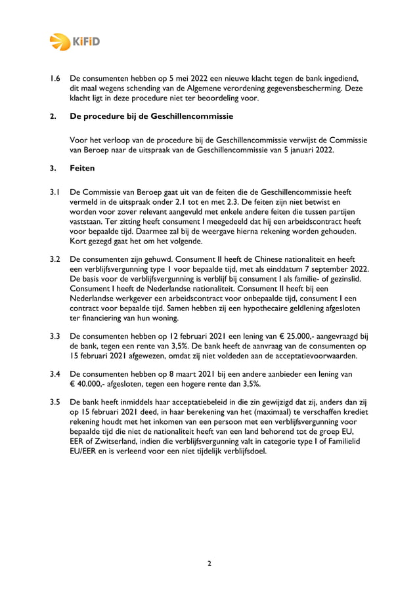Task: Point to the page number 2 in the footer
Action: click(x=209, y=562)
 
